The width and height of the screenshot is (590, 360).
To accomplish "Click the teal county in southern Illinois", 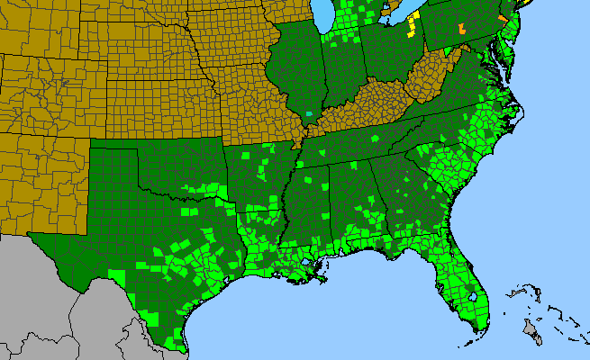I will click(310, 115).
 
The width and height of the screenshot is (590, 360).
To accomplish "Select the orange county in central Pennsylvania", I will click(463, 28).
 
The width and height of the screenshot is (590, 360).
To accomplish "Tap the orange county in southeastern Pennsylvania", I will click(502, 19).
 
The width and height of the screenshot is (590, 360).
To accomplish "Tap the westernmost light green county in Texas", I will click(116, 273).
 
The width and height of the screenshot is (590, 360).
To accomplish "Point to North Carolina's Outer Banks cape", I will click(518, 112).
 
